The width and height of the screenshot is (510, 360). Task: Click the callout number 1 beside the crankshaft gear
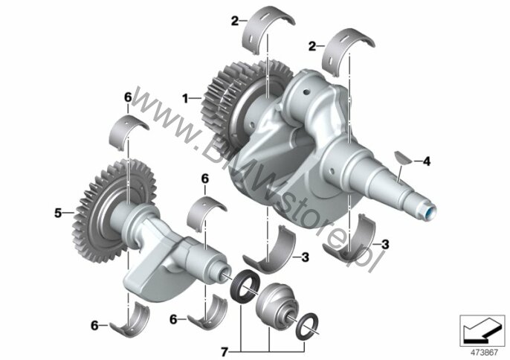click(x=185, y=98)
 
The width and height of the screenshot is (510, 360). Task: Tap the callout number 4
click(x=427, y=161)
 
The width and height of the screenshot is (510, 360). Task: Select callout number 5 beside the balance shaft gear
click(x=58, y=213)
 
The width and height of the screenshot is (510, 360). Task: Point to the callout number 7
click(x=224, y=352)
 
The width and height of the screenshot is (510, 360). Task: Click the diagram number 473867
click(x=485, y=353)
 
